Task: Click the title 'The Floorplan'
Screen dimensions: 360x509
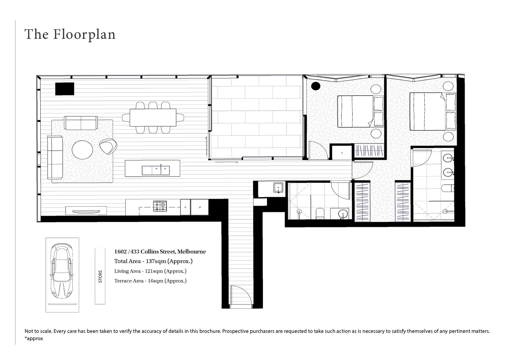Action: pyautogui.click(x=70, y=34)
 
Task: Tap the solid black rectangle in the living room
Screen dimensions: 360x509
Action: pyautogui.click(x=64, y=89)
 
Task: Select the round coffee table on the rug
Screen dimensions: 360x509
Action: pyautogui.click(x=83, y=150)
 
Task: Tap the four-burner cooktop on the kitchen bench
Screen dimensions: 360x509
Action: pyautogui.click(x=160, y=206)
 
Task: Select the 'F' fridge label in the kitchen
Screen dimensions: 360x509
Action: pyautogui.click(x=199, y=207)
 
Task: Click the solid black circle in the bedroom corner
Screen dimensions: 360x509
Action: pyautogui.click(x=315, y=86)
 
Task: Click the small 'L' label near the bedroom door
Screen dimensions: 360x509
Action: pyautogui.click(x=342, y=153)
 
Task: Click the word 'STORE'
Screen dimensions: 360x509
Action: pyautogui.click(x=100, y=276)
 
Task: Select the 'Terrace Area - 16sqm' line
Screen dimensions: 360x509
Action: pyautogui.click(x=150, y=281)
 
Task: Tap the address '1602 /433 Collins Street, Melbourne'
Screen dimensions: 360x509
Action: pyautogui.click(x=160, y=252)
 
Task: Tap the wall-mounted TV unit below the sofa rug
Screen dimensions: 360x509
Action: pyautogui.click(x=86, y=211)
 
